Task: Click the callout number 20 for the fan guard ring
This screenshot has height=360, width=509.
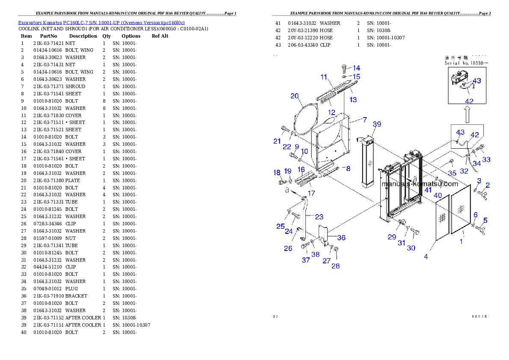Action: click(x=295, y=96)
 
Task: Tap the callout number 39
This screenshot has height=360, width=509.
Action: click(x=376, y=124)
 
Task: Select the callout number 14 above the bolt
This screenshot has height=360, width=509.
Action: click(x=356, y=68)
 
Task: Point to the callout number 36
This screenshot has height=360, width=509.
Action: click(x=341, y=238)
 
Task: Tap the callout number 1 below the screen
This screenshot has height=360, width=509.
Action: click(x=461, y=242)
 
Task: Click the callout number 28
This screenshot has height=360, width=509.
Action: click(x=336, y=266)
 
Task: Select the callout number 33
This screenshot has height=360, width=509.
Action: click(x=486, y=159)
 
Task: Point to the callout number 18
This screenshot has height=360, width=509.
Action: click(x=277, y=172)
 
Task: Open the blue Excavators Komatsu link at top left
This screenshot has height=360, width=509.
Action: click(x=101, y=23)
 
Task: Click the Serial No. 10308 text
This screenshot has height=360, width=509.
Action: click(x=466, y=63)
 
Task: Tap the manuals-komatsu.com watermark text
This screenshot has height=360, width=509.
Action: click(x=420, y=184)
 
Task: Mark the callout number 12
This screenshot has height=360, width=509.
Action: click(x=331, y=112)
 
